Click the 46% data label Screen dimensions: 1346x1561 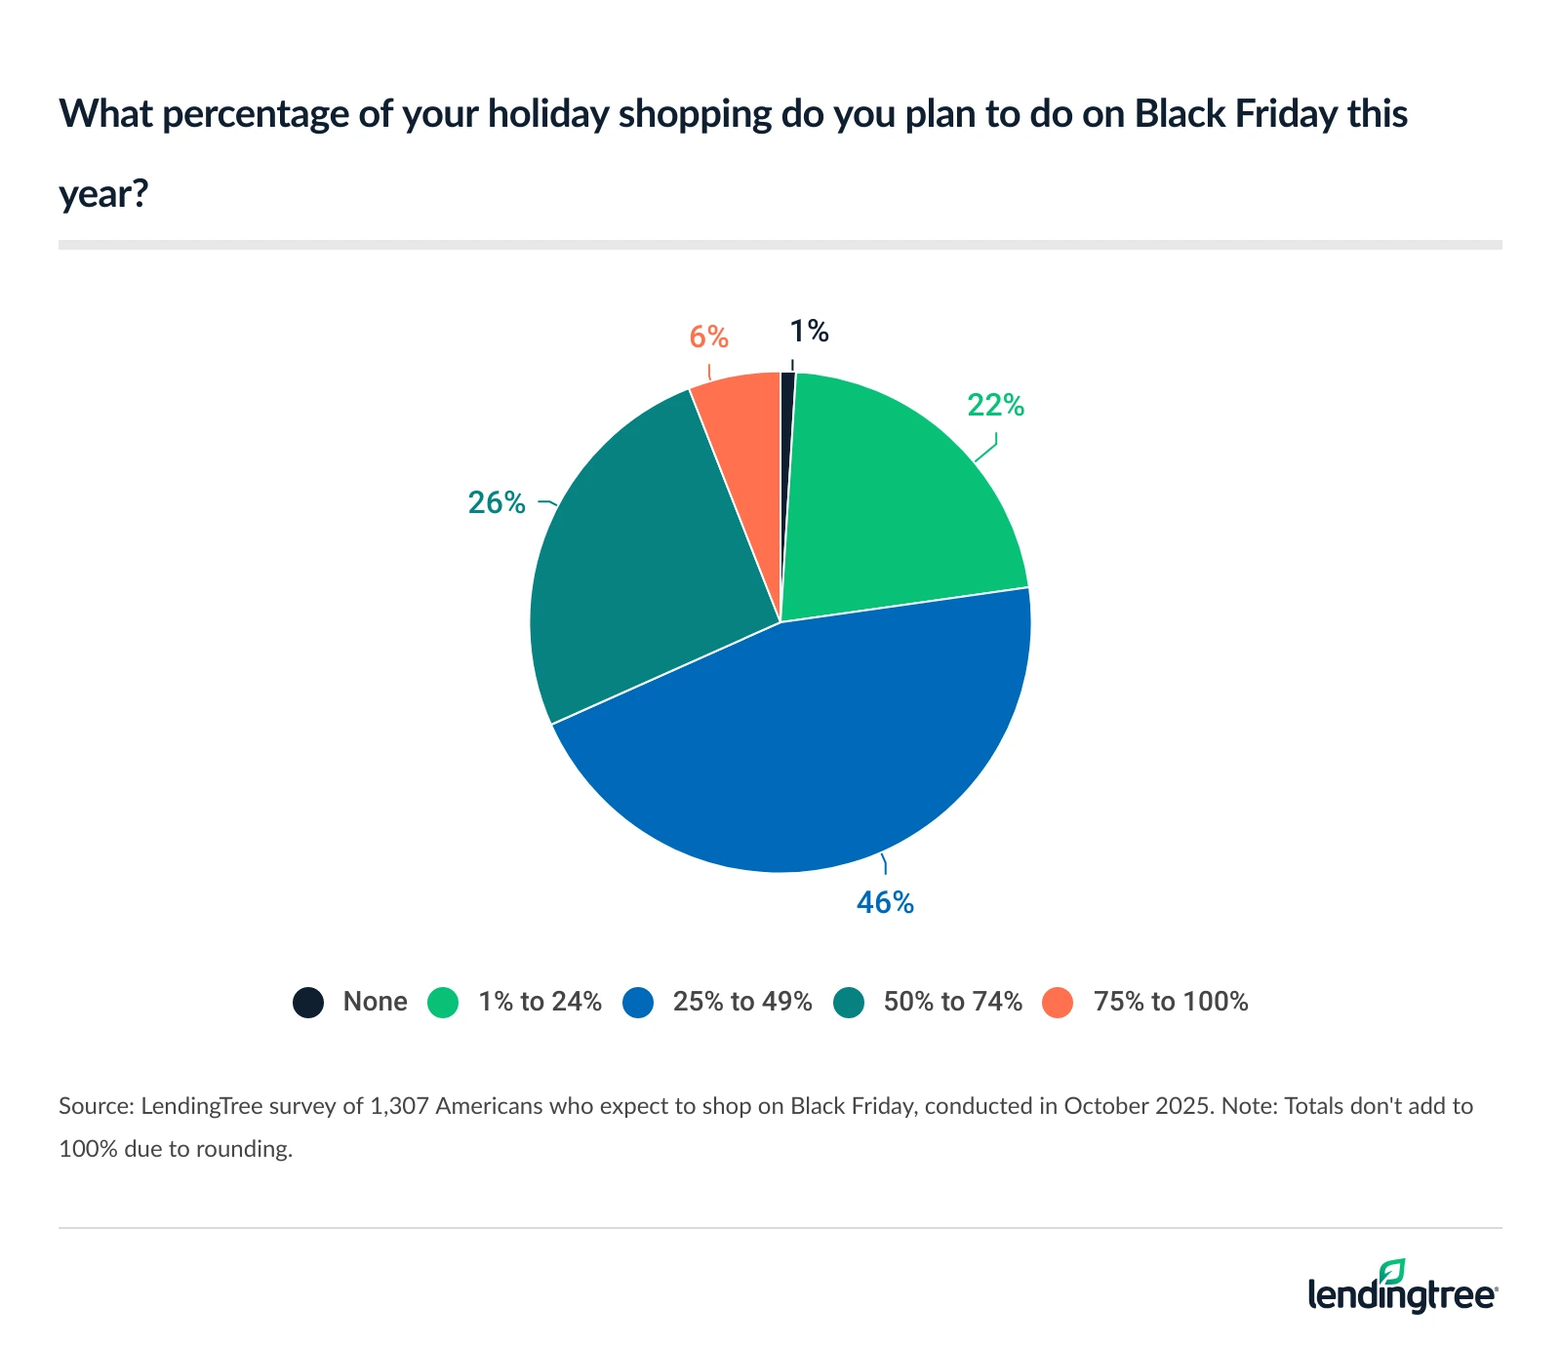[x=885, y=903]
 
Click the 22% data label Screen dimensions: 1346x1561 [x=995, y=406]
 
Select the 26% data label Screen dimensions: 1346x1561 [x=497, y=503]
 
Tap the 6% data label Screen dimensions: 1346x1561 [x=709, y=337]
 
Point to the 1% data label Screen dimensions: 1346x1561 [x=809, y=333]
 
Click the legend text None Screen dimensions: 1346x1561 [x=375, y=1002]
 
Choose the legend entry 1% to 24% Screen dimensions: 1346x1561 [x=540, y=1002]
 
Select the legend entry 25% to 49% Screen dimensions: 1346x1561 [x=741, y=1002]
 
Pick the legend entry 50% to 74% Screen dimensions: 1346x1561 [x=952, y=1002]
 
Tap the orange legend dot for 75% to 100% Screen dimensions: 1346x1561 [x=1058, y=1003]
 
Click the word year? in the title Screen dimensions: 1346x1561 [x=103, y=194]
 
